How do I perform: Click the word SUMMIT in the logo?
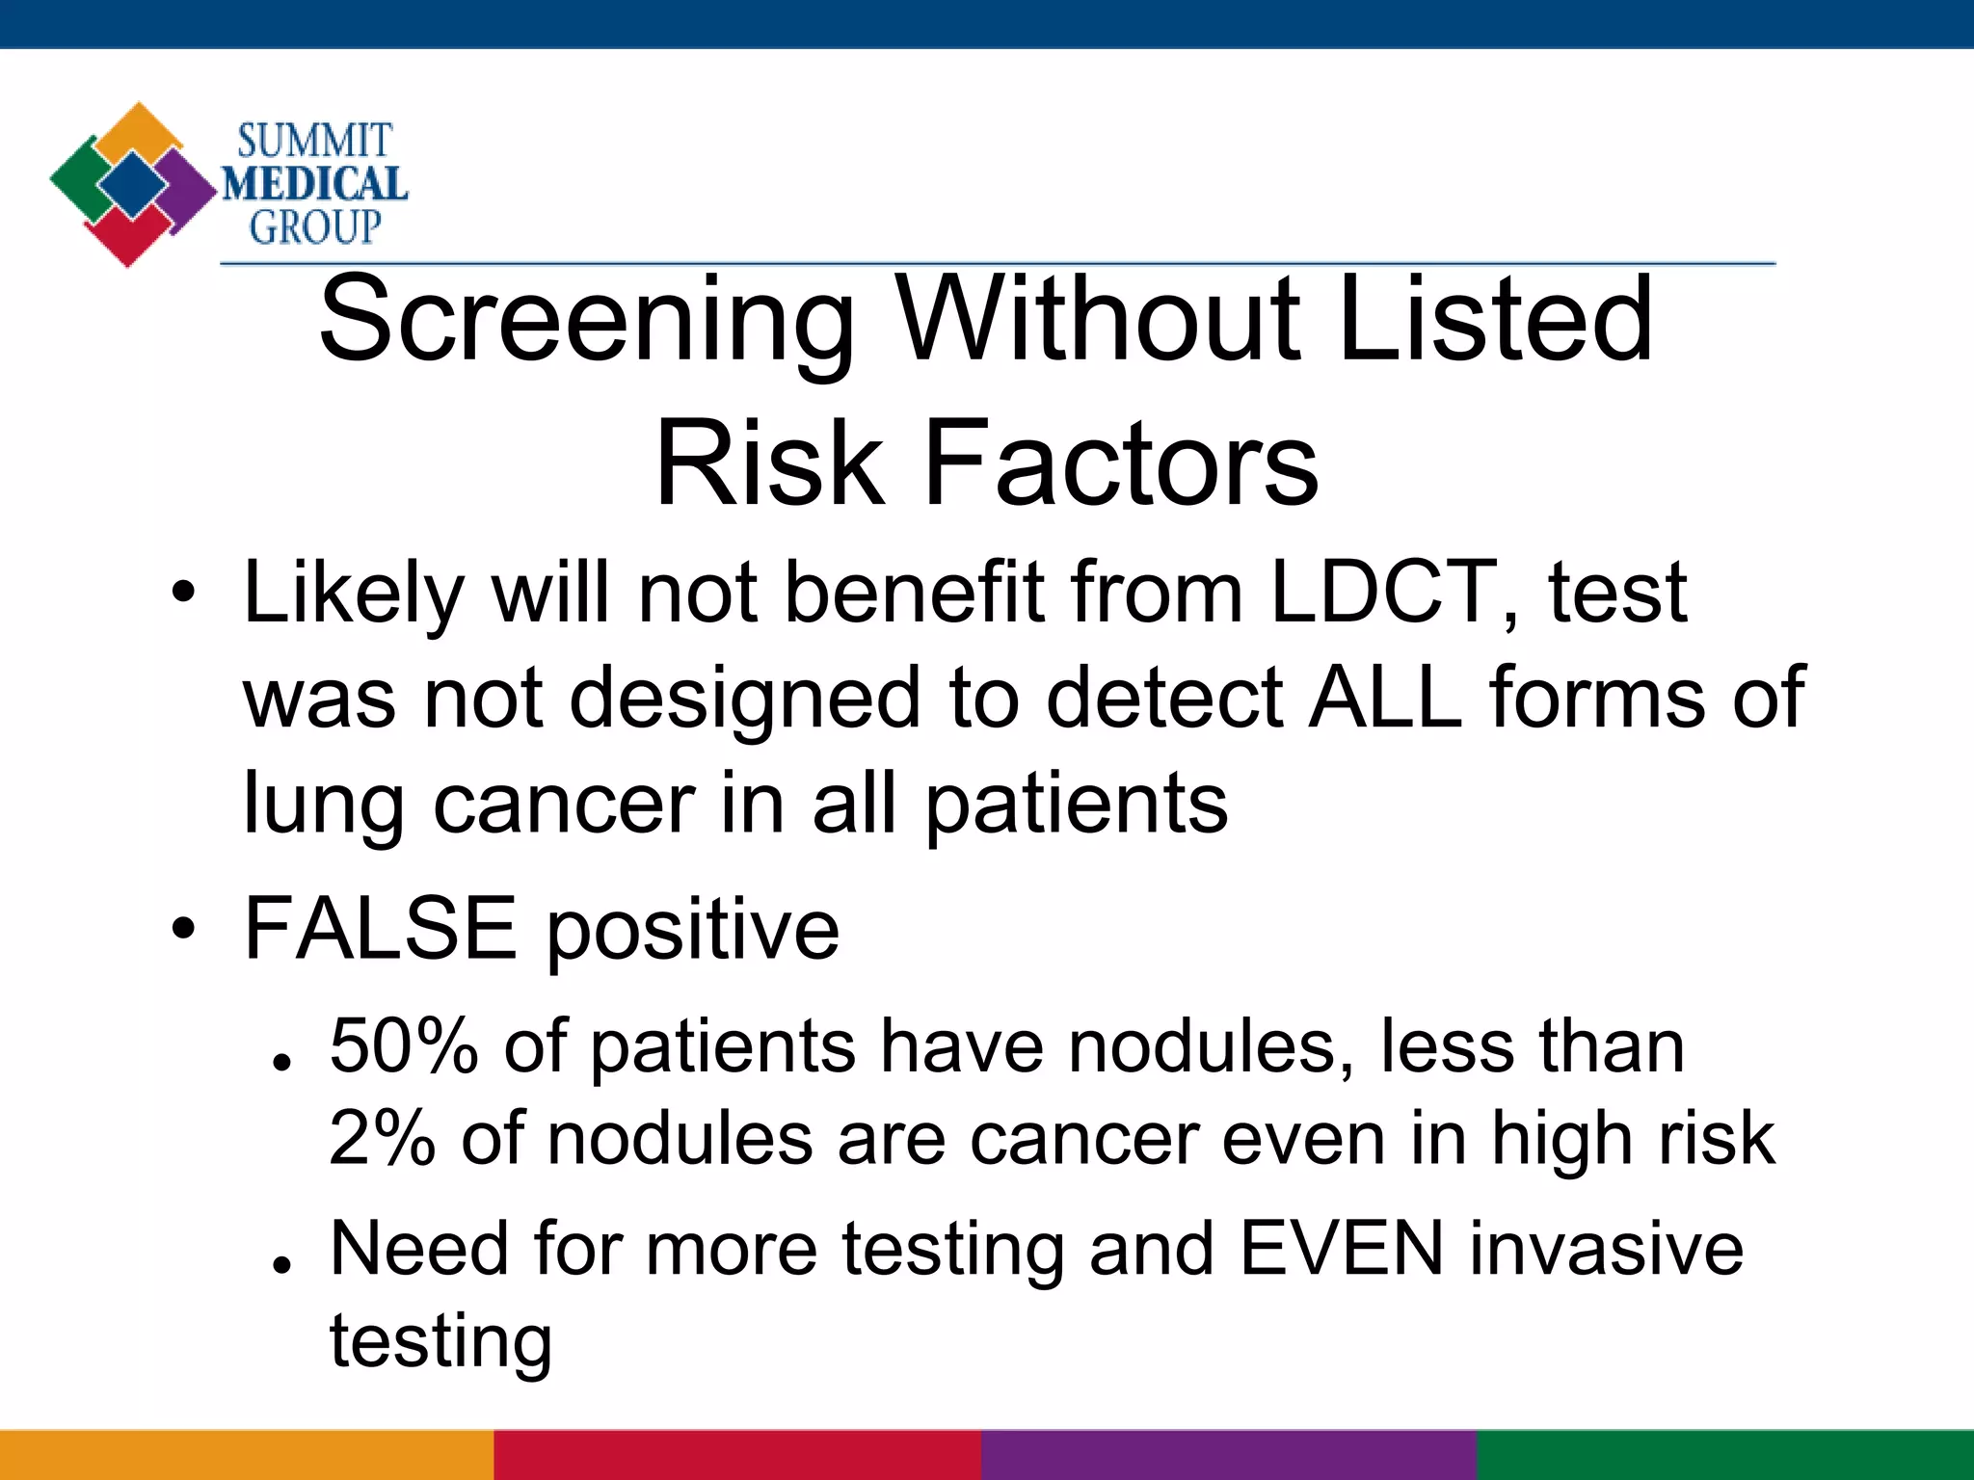(x=314, y=142)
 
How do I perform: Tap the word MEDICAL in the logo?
(x=315, y=184)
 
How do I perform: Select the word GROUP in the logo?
(x=315, y=227)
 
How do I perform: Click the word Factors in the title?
(x=1120, y=463)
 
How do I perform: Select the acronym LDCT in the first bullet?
(x=1383, y=592)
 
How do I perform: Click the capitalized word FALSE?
(x=381, y=928)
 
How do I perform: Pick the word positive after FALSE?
(x=693, y=931)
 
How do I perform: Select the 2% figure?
(x=382, y=1139)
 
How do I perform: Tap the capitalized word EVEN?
(x=1342, y=1249)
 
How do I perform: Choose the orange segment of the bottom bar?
(x=247, y=1455)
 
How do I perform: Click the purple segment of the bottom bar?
(x=1229, y=1455)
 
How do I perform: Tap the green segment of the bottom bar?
(x=1725, y=1455)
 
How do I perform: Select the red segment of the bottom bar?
(x=737, y=1455)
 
